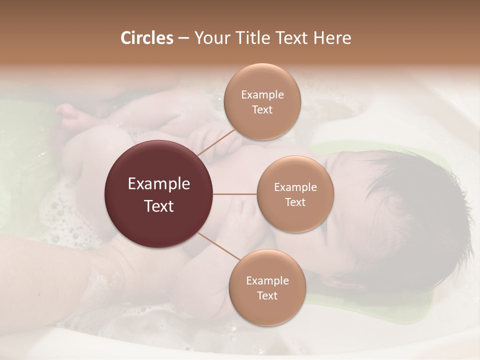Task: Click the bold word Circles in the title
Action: pos(147,38)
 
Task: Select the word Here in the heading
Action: pos(332,38)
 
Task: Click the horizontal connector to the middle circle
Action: pos(235,194)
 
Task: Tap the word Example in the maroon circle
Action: pos(159,184)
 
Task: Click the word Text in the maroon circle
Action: pos(159,206)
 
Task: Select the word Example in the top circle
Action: pos(262,95)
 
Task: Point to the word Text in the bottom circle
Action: pos(267,295)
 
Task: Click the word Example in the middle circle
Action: pos(295,187)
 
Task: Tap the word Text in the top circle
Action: pos(262,110)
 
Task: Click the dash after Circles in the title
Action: pos(183,38)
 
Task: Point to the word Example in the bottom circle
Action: pos(267,280)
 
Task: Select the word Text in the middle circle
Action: pos(295,202)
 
